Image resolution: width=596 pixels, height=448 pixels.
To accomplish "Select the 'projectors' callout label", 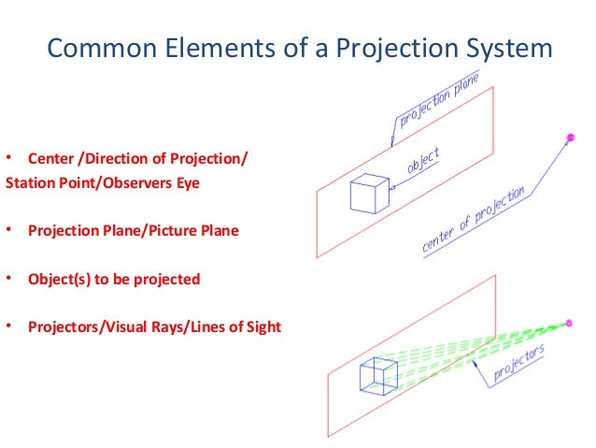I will coord(518,366).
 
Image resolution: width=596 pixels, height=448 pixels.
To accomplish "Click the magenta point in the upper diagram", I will coord(570,139).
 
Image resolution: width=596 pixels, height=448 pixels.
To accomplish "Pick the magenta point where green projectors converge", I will coord(570,324).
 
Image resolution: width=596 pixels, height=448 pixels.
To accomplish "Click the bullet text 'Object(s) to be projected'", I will coord(114,279).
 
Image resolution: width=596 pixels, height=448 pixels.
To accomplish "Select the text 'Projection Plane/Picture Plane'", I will coord(134,230).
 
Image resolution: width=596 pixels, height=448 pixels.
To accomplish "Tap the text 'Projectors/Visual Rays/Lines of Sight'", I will coord(154,327).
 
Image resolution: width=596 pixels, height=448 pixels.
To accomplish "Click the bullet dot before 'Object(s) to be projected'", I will coord(8,279).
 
